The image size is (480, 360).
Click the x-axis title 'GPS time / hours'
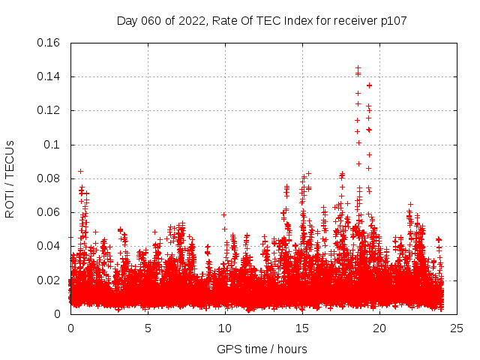(262, 349)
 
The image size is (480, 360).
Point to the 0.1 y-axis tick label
(55, 145)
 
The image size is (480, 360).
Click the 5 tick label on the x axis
(148, 328)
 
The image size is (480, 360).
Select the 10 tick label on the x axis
(225, 328)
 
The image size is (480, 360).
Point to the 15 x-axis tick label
(302, 328)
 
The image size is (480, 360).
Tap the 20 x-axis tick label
(379, 328)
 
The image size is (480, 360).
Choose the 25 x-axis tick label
(457, 328)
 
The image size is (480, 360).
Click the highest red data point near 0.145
(358, 68)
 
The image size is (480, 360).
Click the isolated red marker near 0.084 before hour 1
(80, 171)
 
